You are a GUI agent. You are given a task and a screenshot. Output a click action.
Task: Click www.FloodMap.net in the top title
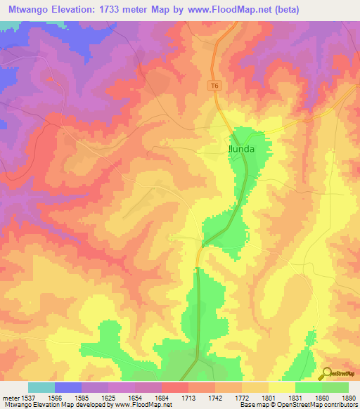click(229, 10)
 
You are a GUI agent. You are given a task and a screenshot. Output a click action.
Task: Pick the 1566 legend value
click(53, 398)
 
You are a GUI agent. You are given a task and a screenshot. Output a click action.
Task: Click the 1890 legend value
click(347, 398)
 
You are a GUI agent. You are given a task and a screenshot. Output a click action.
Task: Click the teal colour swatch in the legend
click(41, 387)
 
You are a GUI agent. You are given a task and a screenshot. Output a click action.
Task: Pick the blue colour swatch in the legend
click(67, 387)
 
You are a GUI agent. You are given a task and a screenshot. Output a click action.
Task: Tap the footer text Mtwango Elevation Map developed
click(56, 405)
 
